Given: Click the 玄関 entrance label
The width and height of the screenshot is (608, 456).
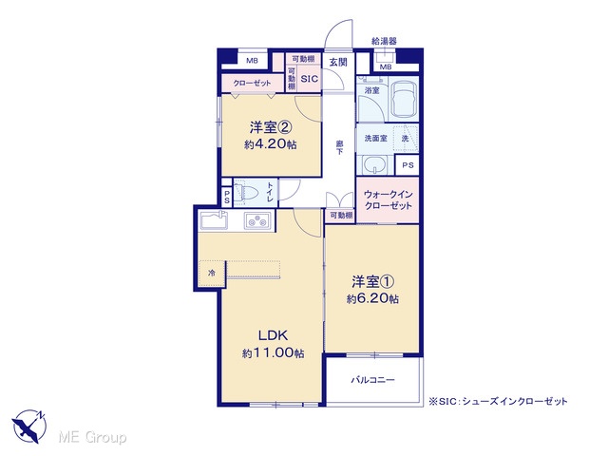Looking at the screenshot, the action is tap(338, 62).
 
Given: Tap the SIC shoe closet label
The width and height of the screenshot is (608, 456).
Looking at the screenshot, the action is tap(310, 79).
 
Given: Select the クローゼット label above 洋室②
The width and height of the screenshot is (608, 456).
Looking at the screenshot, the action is tap(252, 83).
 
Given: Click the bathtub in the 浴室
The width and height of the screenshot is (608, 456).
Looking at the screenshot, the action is tap(403, 99).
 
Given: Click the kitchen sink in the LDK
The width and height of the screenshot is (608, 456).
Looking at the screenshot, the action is tap(213, 220).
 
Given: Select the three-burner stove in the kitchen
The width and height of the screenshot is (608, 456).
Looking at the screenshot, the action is tap(257, 221).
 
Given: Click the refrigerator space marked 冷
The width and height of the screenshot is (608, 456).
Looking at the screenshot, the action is tap(212, 274).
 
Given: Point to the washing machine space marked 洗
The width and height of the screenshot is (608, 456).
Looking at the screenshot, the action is tap(406, 138).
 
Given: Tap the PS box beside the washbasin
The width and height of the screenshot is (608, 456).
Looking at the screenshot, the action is tap(408, 165).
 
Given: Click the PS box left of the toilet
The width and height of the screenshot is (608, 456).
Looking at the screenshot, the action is tap(227, 197).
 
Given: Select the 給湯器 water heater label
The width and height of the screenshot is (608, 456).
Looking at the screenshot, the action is tap(384, 41).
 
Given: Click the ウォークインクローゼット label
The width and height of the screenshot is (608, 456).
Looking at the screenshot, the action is tap(388, 199).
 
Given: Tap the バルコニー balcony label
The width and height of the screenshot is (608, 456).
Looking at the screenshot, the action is tap(372, 380).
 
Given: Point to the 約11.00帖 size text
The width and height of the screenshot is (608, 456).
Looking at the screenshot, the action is tap(273, 353).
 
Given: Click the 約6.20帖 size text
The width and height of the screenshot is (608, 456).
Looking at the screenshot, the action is tap(372, 299).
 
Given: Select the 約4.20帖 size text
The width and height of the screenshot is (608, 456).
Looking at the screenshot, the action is tap(270, 144).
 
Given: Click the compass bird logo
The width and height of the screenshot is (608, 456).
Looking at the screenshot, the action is tap(29, 426).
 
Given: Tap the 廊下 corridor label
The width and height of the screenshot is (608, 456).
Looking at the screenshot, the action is tap(339, 148).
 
